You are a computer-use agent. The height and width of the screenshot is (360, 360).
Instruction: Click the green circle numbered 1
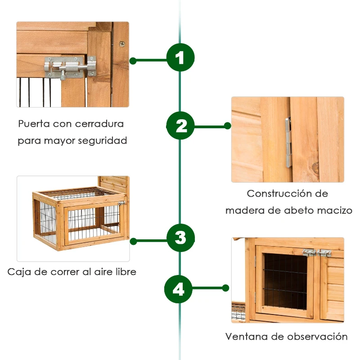click(180, 58)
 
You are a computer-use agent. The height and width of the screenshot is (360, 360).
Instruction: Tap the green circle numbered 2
click(180, 126)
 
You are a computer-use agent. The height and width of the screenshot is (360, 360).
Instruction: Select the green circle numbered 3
click(180, 238)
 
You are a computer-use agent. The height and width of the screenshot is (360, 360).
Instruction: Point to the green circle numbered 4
click(178, 289)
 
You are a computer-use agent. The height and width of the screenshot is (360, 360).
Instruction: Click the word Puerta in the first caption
click(34, 124)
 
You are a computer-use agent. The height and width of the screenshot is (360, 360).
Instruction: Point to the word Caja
click(19, 272)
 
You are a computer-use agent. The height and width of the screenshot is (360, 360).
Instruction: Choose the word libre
click(126, 272)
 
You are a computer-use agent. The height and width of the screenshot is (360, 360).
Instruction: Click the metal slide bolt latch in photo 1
click(70, 67)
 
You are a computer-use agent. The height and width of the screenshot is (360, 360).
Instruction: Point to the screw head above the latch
click(122, 44)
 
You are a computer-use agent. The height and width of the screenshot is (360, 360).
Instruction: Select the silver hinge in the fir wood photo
click(288, 142)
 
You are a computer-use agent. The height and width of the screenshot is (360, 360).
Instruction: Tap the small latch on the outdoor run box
click(121, 203)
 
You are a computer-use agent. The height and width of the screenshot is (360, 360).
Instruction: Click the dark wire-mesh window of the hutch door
click(285, 281)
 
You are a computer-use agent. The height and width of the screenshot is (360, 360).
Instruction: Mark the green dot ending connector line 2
click(228, 126)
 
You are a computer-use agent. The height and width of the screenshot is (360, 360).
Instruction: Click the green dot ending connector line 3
click(133, 241)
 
